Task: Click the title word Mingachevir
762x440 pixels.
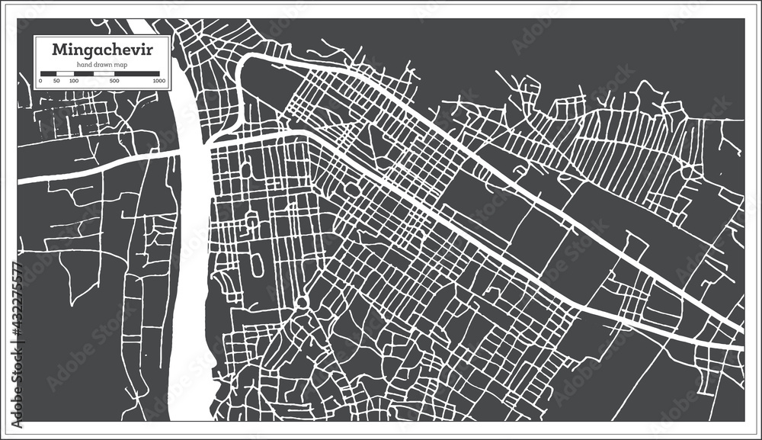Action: pos(101,50)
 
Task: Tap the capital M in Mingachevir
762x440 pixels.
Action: pos(58,50)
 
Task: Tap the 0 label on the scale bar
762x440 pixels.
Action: pos(40,79)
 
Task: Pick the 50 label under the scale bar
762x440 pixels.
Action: pos(57,79)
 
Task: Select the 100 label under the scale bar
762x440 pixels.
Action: pos(73,79)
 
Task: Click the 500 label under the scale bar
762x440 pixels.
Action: pos(114,79)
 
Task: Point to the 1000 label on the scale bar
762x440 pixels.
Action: pos(158,79)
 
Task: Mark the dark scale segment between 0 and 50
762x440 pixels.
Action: pos(49,72)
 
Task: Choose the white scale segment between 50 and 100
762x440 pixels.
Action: pos(65,72)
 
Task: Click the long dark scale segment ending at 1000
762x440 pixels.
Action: pos(136,72)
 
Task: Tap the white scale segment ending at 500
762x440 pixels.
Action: pos(94,72)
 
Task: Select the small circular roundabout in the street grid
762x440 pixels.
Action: pos(302,302)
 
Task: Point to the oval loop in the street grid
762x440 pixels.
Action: pos(256,264)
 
